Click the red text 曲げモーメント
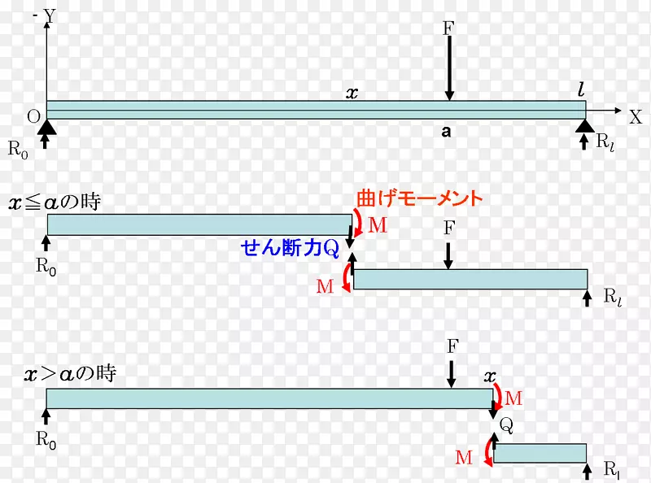point(419,198)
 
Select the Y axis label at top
point(50,15)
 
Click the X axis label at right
point(636,116)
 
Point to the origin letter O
point(33,116)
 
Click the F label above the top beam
point(448,28)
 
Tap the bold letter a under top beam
point(446,132)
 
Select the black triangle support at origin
point(46,125)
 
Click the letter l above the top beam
point(581,90)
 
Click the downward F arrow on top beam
point(448,69)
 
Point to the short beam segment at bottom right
point(540,453)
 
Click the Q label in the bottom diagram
point(506,424)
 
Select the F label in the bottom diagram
point(453,346)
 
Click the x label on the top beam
point(352,93)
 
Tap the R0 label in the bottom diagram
point(46,440)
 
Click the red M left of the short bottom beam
point(464,457)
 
